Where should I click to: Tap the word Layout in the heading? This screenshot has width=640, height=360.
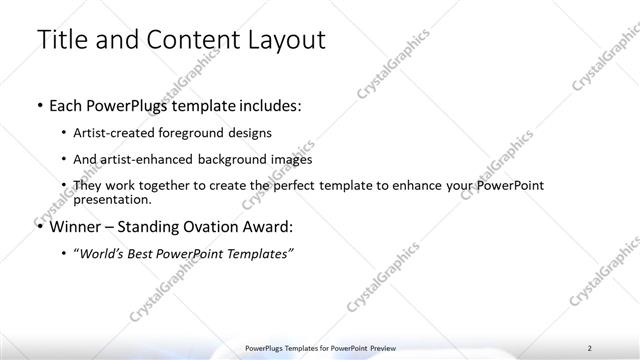(281, 40)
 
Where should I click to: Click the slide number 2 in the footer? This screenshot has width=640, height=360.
(590, 347)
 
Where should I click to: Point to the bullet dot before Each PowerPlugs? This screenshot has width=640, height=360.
(39, 104)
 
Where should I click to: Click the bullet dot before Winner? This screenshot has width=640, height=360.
(39, 227)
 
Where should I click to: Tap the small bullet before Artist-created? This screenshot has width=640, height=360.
(65, 133)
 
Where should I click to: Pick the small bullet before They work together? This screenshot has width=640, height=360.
(65, 186)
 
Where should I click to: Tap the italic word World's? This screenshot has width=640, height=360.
(102, 254)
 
